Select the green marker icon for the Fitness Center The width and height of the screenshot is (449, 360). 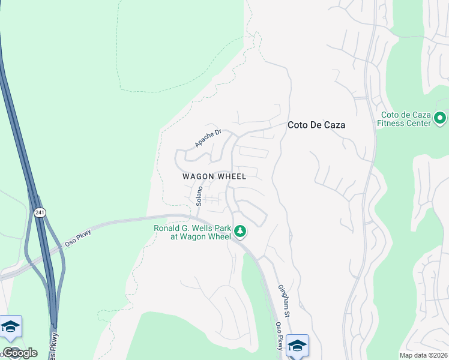(x=440, y=118)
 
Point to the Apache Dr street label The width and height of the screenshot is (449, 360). (x=208, y=138)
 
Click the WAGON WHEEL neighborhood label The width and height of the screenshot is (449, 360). (x=214, y=176)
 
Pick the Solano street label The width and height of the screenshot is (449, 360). (x=198, y=196)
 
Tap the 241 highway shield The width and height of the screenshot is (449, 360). (x=40, y=212)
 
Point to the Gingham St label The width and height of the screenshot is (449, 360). (x=285, y=302)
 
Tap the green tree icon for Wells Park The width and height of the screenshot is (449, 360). (x=240, y=230)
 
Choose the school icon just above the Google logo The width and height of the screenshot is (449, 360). (x=11, y=328)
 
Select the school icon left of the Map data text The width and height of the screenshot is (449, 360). (x=297, y=346)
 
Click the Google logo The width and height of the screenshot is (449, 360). (x=20, y=353)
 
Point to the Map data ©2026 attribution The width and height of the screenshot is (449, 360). (x=424, y=355)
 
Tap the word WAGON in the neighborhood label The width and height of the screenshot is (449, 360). (x=198, y=176)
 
